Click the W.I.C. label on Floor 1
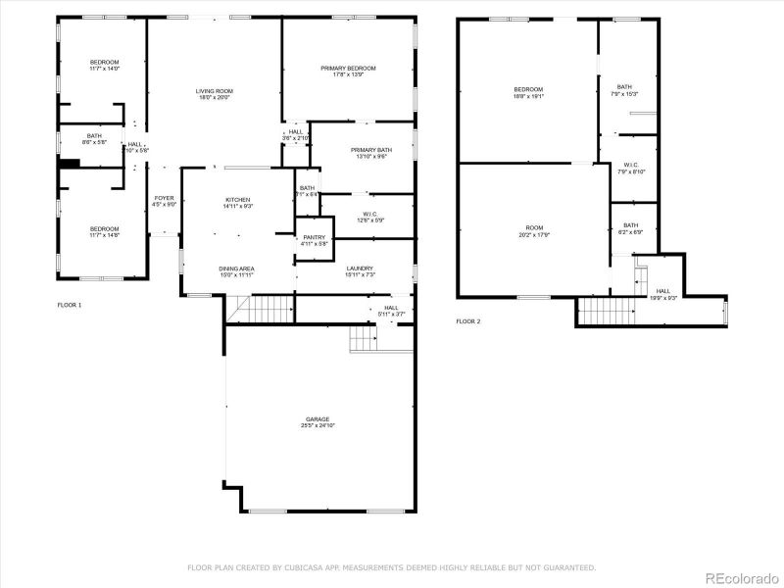[x=369, y=215]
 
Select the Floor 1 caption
[x=70, y=305]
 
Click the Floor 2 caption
[x=468, y=321]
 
